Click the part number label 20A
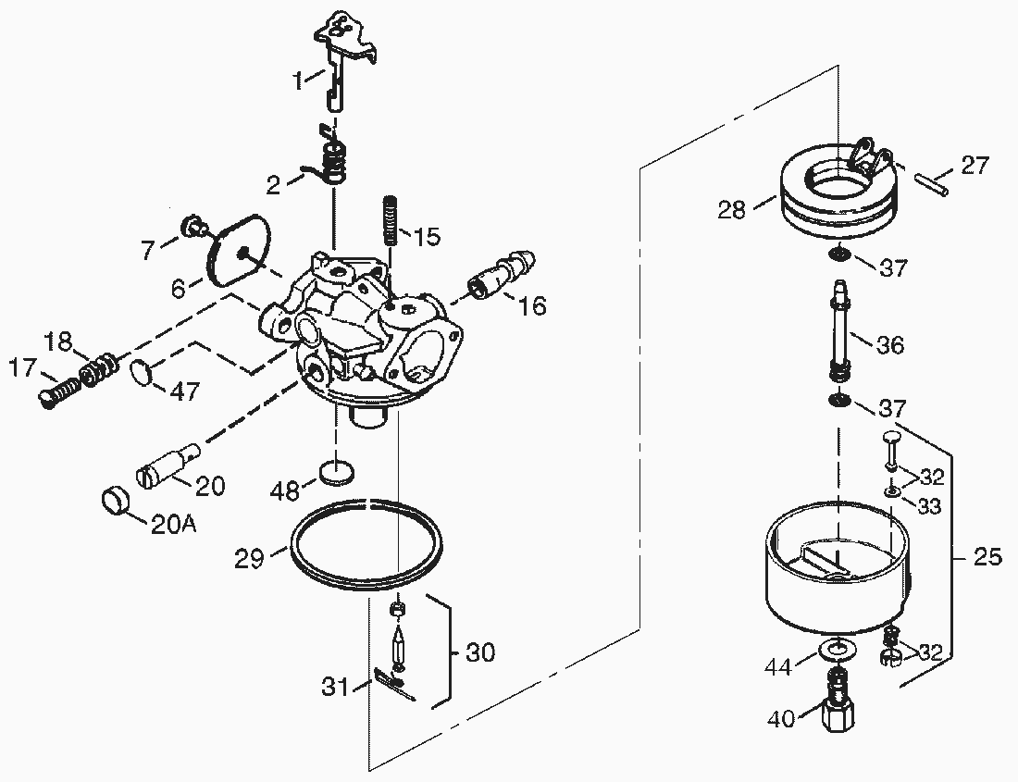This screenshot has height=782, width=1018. (x=173, y=524)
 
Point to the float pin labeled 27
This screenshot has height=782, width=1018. (x=932, y=181)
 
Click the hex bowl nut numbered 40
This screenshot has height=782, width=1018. (x=838, y=711)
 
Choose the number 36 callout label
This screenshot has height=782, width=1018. (x=889, y=344)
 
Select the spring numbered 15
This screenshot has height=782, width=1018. (x=391, y=218)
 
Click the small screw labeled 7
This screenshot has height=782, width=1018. (x=192, y=226)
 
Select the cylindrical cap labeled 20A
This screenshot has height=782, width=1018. (x=117, y=501)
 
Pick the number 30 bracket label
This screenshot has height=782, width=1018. (x=480, y=652)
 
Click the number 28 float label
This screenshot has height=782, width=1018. (x=732, y=210)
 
